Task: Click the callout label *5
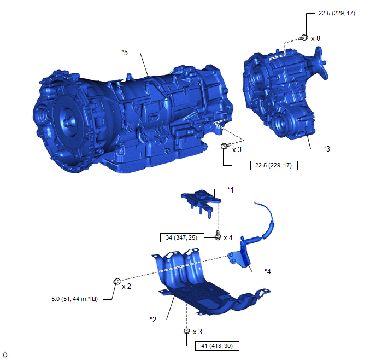click(125, 53)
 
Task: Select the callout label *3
click(327, 149)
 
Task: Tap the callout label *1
click(230, 190)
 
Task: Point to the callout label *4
click(268, 271)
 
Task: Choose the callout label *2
click(153, 320)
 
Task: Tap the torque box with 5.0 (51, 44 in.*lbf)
click(74, 299)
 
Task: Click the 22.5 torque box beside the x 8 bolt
click(337, 13)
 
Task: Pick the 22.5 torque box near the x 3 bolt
click(274, 165)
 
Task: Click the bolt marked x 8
click(303, 38)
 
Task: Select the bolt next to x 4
click(218, 235)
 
